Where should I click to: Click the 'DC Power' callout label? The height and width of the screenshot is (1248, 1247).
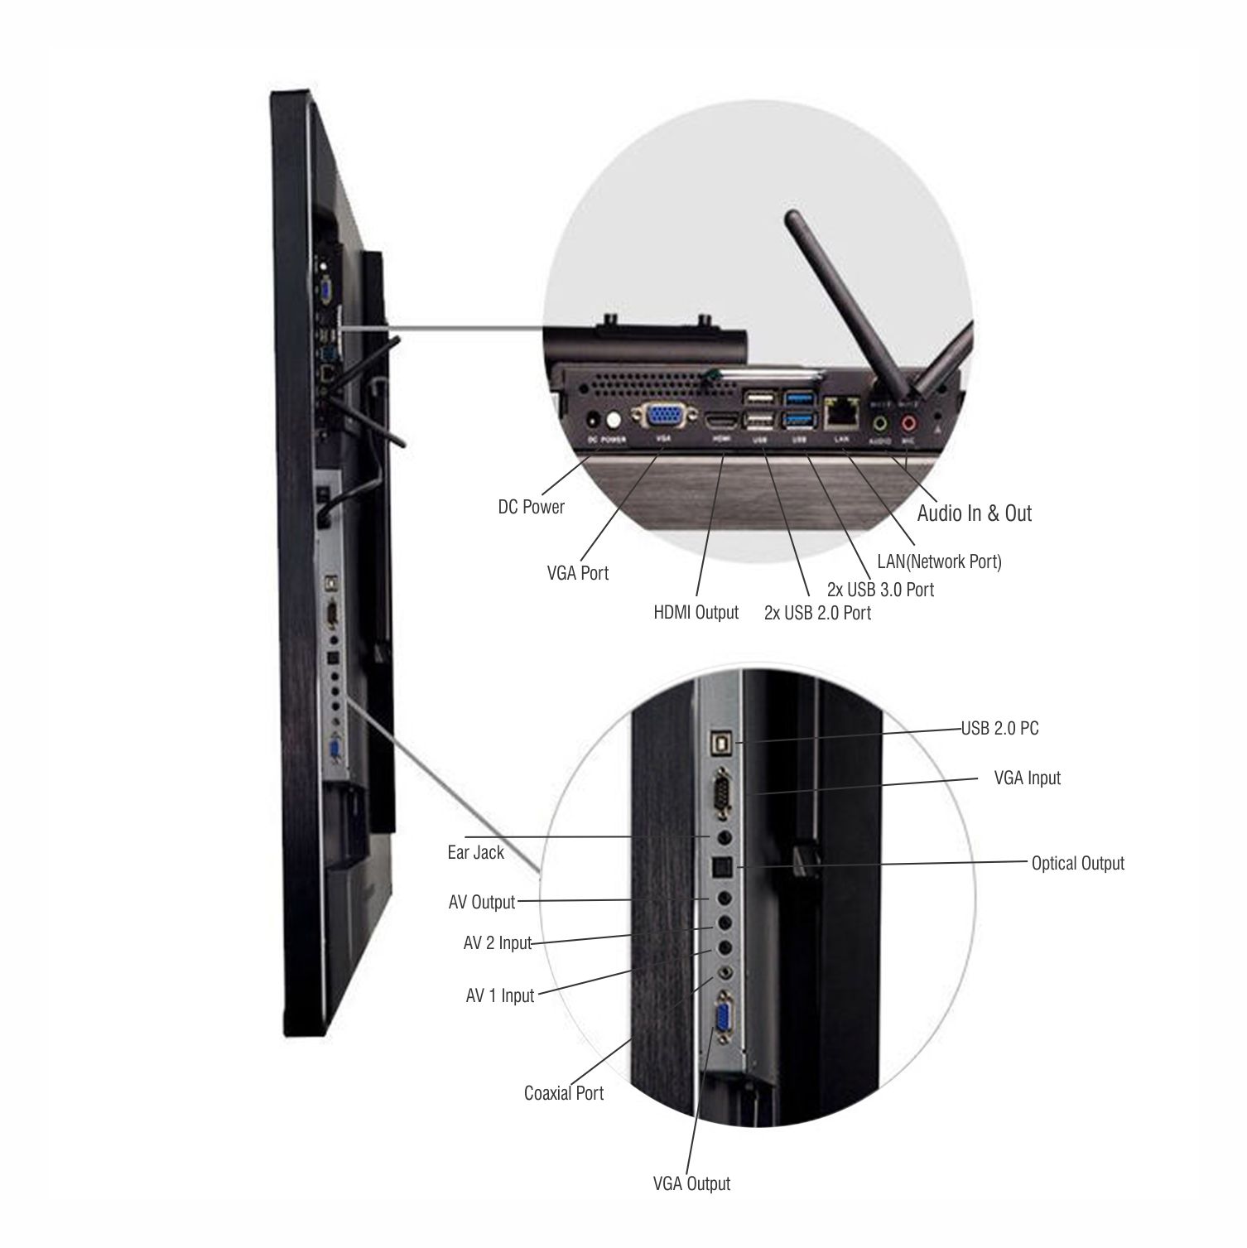click(x=531, y=507)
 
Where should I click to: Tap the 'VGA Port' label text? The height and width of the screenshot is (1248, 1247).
click(x=577, y=572)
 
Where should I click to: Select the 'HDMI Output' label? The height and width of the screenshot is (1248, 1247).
click(x=696, y=613)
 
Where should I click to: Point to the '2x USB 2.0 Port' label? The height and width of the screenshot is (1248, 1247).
click(x=817, y=613)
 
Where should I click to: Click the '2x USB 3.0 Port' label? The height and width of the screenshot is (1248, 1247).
click(x=880, y=590)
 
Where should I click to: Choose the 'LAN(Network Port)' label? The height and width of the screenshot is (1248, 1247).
click(x=939, y=561)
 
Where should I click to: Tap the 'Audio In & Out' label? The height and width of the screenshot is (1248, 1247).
click(x=974, y=513)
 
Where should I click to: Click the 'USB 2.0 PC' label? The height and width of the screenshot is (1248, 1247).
click(x=999, y=729)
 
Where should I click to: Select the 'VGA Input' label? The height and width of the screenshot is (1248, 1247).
click(x=1027, y=778)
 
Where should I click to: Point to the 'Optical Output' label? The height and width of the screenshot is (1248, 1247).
click(x=1077, y=864)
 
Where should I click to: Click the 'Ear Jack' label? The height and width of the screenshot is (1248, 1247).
click(x=475, y=852)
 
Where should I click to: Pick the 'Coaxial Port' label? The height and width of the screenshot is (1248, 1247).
click(x=564, y=1093)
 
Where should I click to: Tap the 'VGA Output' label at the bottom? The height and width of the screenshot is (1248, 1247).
click(x=691, y=1183)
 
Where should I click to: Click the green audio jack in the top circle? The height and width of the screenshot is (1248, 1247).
click(x=880, y=423)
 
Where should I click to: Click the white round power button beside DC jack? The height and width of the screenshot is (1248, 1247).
click(x=613, y=419)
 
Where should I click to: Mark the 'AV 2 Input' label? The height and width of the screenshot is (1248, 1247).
click(x=497, y=943)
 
